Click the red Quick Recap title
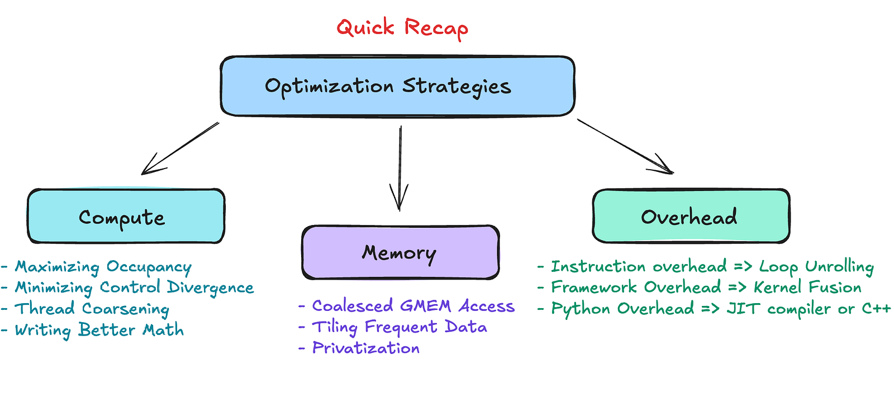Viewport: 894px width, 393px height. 402,28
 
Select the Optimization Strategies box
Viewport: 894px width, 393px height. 397,86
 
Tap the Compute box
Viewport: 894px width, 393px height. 126,216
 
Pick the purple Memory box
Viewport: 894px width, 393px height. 401,252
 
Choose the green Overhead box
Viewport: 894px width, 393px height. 691,216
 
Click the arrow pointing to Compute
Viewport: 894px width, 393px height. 180,148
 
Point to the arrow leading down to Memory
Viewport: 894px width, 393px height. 400,168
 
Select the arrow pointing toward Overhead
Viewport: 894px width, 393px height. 625,147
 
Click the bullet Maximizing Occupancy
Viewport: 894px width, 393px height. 96,267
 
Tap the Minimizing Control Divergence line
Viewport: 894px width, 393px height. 127,288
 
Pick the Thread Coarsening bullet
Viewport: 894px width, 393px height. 85,309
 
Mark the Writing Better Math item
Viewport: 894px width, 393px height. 92,330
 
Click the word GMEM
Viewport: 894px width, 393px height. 425,306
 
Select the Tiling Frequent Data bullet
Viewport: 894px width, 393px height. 393,327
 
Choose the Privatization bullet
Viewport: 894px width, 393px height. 359,348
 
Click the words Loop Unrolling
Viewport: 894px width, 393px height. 816,267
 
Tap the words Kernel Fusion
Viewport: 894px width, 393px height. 807,287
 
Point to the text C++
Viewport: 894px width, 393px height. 877,308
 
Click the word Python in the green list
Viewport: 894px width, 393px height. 581,309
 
